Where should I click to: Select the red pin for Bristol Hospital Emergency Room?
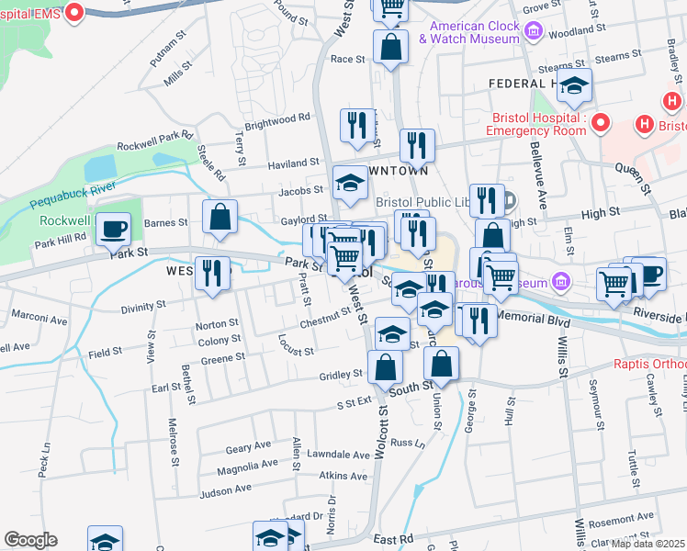tap(601, 122)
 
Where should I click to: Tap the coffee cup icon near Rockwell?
tap(113, 230)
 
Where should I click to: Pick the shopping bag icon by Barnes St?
tap(220, 219)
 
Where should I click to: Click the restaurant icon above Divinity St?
tap(212, 275)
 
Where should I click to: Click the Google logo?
tap(30, 540)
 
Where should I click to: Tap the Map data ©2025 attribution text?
tap(648, 544)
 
